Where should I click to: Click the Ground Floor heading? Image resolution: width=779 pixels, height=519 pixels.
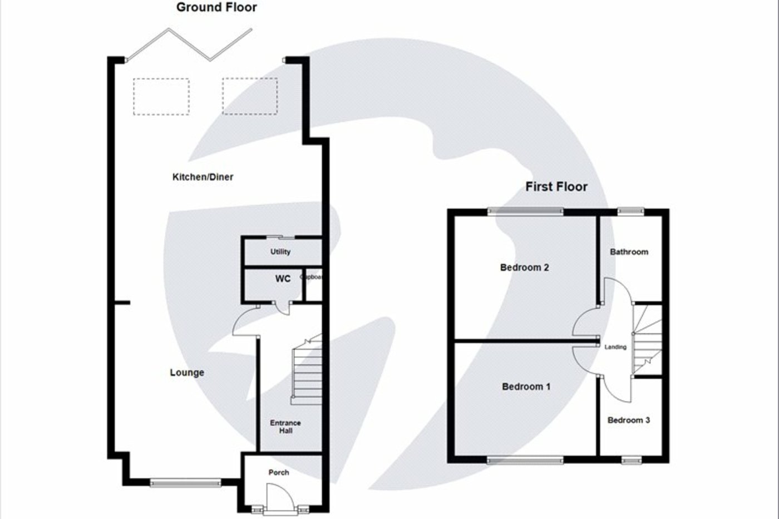coord(216,8)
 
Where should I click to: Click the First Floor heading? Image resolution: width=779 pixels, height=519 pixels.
coord(556,187)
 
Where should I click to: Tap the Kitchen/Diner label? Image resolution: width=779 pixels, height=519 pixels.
coord(203,177)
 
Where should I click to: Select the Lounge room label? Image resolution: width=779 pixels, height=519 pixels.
coord(187,373)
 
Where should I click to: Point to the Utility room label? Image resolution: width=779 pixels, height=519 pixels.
coord(280,252)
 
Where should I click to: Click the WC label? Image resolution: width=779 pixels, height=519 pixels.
coord(283,278)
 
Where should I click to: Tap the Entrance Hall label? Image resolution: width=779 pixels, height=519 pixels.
coord(285,427)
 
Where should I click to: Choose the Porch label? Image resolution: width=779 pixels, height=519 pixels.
coord(279,472)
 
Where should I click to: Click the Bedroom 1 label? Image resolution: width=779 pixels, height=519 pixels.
coord(526,386)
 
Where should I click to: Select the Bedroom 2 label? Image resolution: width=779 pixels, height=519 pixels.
coord(524,267)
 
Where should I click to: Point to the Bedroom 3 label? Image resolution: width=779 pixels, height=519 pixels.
coord(629,420)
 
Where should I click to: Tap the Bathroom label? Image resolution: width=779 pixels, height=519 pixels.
coord(629,252)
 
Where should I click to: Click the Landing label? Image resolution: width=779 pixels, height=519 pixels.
coord(615,347)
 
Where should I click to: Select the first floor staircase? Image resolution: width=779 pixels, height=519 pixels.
coord(647,340)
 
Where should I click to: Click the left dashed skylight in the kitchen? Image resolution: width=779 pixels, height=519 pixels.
coord(161,97)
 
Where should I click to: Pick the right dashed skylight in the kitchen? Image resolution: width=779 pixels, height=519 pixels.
coord(250,96)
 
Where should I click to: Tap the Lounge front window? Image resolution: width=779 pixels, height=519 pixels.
coord(186,483)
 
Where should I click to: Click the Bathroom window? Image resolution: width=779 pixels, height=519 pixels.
coord(630,210)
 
